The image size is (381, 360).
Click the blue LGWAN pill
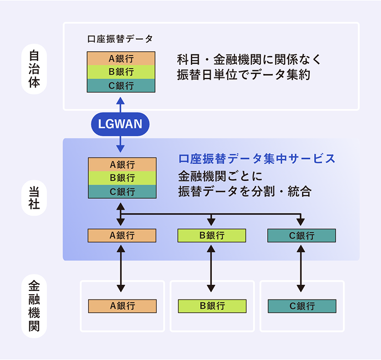coord(120,124)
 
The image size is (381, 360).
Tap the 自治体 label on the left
coord(34,70)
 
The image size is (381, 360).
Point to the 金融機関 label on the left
coord(34,307)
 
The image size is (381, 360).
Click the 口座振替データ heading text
coord(120,39)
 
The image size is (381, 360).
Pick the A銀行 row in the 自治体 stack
coord(121,58)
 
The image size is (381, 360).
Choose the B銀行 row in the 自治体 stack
coord(121,72)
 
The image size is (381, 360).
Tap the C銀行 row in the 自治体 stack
coord(121,86)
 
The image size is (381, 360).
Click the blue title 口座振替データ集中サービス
coord(257,158)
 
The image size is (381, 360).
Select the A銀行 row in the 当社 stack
coord(121,164)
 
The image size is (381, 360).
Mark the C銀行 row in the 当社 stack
coord(121,192)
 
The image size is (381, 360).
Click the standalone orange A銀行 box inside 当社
coord(121,235)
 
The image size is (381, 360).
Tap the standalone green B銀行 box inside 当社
coord(211,235)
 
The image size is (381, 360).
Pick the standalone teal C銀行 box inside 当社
coord(301,235)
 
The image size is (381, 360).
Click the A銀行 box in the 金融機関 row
coord(122,306)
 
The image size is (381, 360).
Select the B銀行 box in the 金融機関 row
coord(212,306)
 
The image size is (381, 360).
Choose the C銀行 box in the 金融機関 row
coord(302,306)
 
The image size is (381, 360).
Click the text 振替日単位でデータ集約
coord(243,75)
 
